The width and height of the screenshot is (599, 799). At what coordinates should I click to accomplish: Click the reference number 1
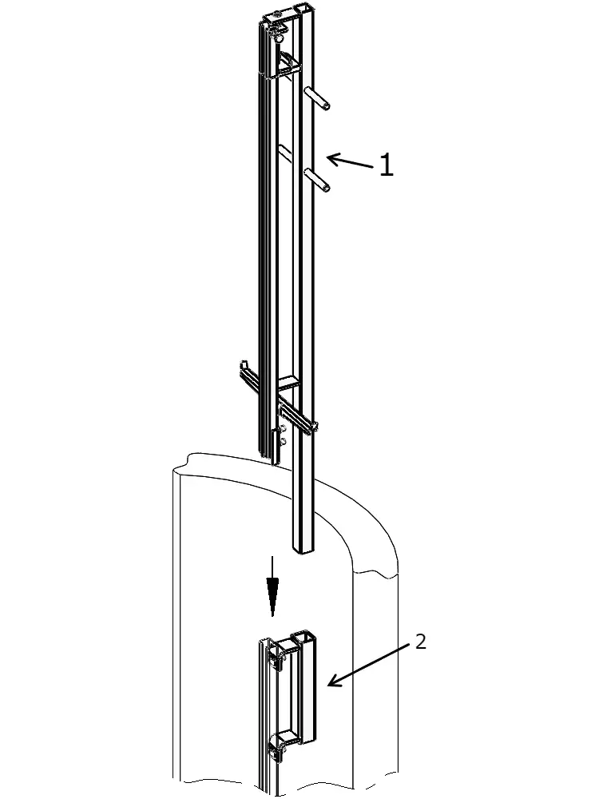387,165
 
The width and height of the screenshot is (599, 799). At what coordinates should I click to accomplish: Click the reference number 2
420,642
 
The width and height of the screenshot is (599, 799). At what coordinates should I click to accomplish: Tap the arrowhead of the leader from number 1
331,158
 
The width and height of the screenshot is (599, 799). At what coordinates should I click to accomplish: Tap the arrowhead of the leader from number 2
332,682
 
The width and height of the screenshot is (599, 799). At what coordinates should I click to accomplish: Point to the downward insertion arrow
273,586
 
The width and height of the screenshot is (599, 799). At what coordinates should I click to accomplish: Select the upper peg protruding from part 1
317,97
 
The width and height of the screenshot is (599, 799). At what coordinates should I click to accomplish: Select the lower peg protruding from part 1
317,181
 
